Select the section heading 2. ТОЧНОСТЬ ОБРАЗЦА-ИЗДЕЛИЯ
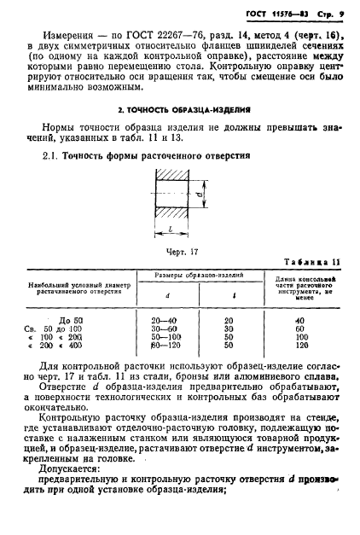point(180,112)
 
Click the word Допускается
point(78,480)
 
